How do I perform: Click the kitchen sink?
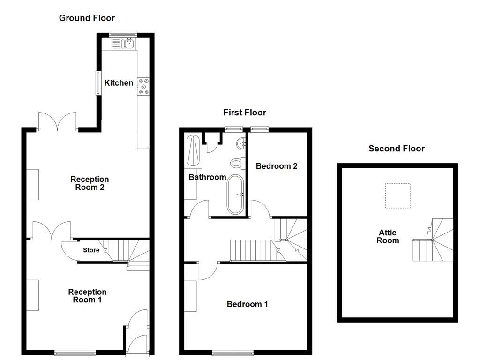123,45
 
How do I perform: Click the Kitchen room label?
119,83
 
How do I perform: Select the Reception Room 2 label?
90,183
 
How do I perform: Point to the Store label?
91,250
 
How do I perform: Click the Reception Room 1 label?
87,296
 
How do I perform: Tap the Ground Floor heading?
87,18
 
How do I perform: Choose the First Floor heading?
244,112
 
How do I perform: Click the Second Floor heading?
396,149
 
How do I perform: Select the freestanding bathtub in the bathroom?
235,194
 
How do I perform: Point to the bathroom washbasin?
242,142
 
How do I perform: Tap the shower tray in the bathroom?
193,150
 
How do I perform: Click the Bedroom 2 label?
277,166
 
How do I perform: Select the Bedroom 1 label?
247,304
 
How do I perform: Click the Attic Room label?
388,237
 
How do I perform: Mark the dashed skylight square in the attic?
397,195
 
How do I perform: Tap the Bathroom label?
207,177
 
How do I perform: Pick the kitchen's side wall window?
98,83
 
